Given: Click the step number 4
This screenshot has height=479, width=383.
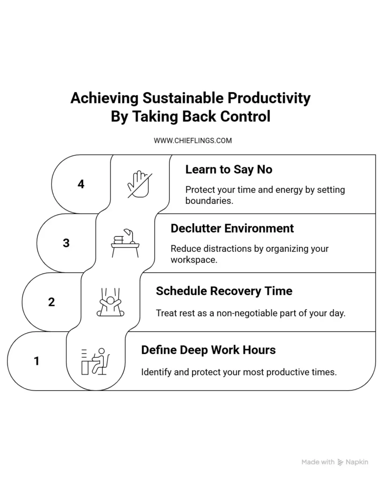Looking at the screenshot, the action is tap(81, 184).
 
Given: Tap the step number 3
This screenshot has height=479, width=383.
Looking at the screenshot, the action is tap(66, 243).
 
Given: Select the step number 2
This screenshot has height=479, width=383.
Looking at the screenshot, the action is tap(51, 302).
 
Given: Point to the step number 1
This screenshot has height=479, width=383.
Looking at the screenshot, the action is tap(36, 361).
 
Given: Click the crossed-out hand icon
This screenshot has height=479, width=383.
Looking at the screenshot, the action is tap(139, 184).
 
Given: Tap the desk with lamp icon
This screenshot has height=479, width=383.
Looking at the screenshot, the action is tap(125, 243).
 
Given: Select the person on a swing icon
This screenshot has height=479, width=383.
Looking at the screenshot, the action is tap(110, 302).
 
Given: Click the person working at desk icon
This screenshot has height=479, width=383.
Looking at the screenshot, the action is tap(95, 361).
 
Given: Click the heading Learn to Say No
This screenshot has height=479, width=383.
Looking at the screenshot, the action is tap(229, 169).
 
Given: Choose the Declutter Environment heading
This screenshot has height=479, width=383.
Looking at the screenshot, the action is tap(232, 228).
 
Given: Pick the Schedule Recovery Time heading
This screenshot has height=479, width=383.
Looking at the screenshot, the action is tap(224, 291).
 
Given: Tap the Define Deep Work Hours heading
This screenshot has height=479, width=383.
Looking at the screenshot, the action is tap(209, 350).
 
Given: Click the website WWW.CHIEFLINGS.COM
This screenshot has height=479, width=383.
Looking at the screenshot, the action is tap(193, 141).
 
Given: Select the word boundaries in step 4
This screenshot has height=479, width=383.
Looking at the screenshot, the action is tap(209, 201).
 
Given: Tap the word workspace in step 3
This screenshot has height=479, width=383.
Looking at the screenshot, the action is tap(194, 260).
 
